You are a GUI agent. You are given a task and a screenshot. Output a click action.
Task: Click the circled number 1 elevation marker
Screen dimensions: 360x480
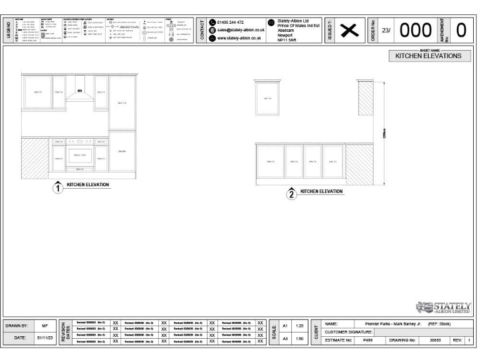57,187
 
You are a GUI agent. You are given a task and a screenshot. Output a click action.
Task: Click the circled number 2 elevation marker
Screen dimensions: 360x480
291,194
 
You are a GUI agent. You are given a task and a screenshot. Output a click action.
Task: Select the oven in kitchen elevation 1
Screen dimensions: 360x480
80,154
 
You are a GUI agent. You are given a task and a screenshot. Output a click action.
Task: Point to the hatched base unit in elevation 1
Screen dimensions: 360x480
32,154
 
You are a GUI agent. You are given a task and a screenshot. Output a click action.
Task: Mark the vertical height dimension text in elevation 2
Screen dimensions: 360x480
383,133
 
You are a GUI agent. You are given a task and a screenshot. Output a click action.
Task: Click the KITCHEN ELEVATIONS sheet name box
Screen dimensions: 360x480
428,56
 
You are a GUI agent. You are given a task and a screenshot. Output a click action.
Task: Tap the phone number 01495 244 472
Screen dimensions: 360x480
231,22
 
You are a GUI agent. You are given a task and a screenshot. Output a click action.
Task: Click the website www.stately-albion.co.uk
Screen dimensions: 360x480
239,37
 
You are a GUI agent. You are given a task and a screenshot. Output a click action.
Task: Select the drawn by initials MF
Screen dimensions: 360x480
44,326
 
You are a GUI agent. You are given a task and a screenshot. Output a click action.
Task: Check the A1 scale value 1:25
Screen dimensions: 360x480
299,326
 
